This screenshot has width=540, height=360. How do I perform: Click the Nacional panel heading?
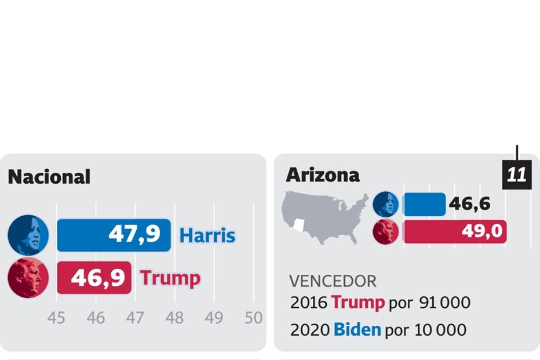point(49,177)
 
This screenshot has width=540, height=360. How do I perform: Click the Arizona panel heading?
point(323,174)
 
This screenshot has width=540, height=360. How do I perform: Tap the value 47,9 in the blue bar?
point(134,235)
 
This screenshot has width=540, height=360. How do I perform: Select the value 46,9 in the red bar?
point(98,278)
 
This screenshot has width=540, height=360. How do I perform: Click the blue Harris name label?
point(207,236)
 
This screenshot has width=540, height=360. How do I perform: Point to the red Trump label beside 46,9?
point(170,278)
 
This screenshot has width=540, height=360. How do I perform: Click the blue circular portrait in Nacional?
point(28,235)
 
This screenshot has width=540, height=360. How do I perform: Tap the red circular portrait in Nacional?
point(28,278)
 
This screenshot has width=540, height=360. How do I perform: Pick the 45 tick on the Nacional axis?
point(56,318)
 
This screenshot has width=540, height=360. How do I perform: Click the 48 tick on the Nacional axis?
point(174,318)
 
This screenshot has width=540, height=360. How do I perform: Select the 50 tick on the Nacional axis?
point(253,318)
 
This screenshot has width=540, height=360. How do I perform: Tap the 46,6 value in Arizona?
point(469,204)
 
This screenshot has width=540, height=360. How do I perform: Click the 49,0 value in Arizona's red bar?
point(481,231)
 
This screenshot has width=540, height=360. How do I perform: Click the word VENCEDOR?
point(333,281)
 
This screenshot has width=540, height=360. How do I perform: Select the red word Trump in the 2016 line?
point(357,303)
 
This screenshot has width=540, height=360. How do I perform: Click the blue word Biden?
point(357,330)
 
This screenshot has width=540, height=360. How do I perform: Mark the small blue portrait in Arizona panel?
point(385,204)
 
